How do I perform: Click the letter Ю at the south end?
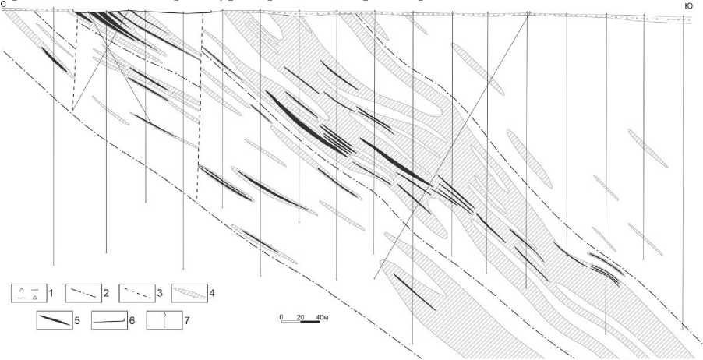click(688, 5)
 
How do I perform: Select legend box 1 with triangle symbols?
click(28, 293)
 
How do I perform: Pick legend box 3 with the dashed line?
click(137, 293)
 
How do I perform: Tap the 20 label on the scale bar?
click(299, 317)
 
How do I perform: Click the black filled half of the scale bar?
click(311, 323)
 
